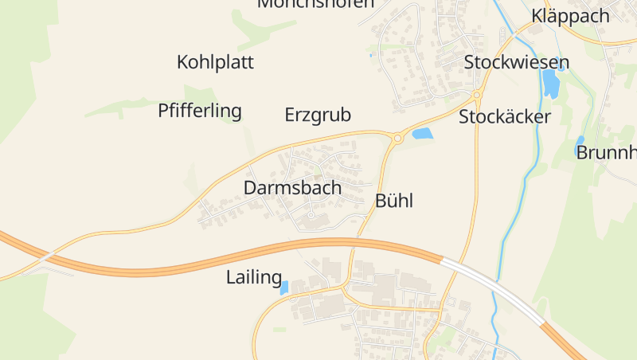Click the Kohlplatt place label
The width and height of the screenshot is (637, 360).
(x=215, y=62)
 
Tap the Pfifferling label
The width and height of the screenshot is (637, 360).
(x=199, y=111)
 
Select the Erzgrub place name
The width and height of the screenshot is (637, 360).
(x=318, y=115)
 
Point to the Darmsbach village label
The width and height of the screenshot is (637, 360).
(x=292, y=189)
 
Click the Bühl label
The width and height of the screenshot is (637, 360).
(x=394, y=201)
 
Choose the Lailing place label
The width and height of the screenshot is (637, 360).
(x=254, y=278)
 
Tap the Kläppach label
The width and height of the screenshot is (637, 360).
(x=570, y=16)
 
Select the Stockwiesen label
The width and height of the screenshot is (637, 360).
(x=517, y=63)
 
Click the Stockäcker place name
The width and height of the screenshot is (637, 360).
(x=505, y=117)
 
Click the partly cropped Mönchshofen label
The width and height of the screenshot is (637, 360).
(x=315, y=4)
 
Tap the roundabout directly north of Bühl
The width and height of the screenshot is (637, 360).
(x=397, y=138)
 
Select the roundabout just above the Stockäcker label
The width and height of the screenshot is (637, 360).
(x=477, y=96)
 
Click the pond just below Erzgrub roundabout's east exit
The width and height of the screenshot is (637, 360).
(x=422, y=134)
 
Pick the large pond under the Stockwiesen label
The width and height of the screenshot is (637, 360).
(x=549, y=84)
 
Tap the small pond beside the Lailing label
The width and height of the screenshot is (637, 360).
(x=284, y=288)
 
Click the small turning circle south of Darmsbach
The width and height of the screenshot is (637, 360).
(x=311, y=214)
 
